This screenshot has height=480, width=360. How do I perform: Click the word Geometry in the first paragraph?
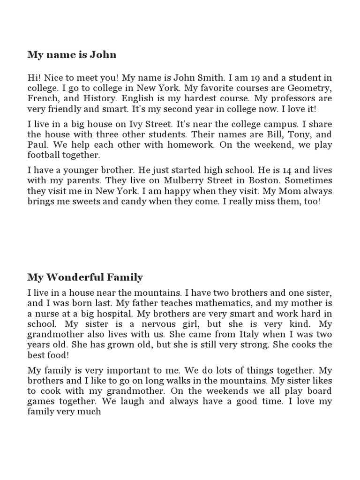point(309,88)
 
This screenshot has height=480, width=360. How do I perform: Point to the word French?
point(41,99)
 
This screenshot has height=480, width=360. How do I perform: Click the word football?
point(45,155)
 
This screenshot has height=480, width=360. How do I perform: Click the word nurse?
point(46,314)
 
